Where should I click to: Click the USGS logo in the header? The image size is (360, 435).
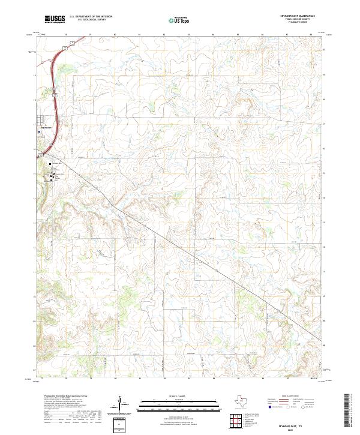click(55, 19)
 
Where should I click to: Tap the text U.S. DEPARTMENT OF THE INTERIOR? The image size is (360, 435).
click(91, 17)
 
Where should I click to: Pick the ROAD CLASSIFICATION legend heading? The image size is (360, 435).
click(292, 397)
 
